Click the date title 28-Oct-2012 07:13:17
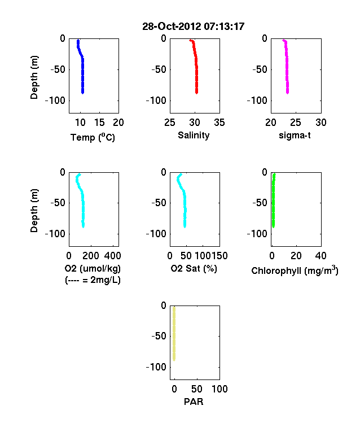194,27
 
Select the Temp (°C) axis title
93,137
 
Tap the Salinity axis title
194,135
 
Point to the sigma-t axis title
295,136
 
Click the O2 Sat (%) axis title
194,268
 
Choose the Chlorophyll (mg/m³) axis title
295,271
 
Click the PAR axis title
194,402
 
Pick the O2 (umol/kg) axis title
93,268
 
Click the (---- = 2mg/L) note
93,280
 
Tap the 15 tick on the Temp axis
99,123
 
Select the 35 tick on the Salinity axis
219,123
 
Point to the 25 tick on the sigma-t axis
295,123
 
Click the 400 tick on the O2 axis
112,256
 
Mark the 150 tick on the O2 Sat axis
219,256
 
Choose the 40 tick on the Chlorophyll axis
321,256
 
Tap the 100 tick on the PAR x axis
219,389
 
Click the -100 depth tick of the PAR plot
156,367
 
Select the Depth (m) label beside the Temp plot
34,77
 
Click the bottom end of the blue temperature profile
82,93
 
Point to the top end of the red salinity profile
190,40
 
